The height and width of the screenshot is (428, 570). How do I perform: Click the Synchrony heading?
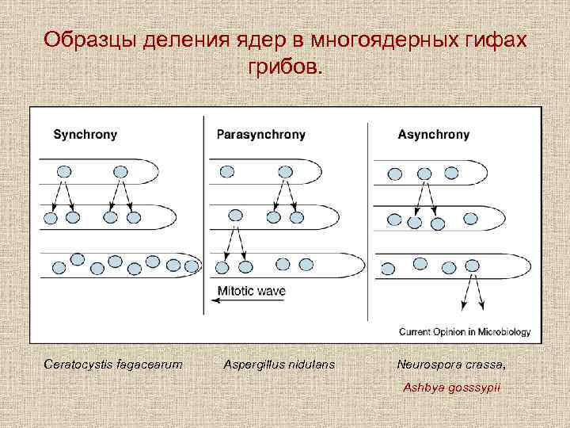tap(85, 135)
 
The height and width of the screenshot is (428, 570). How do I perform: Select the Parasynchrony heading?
tap(260, 135)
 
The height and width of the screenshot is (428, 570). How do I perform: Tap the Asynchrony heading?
tap(433, 135)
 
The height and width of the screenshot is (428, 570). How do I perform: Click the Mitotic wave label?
tap(251, 291)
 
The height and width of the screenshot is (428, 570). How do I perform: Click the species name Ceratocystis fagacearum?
tap(113, 364)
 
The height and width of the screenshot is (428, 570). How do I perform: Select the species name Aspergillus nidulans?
tap(279, 364)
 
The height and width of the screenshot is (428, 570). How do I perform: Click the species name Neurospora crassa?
tap(450, 364)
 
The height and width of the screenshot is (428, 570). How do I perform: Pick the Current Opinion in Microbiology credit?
tap(465, 331)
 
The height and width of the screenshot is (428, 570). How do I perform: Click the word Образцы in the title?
tap(92, 40)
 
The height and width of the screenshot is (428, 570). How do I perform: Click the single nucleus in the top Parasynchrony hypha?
tap(227, 171)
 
